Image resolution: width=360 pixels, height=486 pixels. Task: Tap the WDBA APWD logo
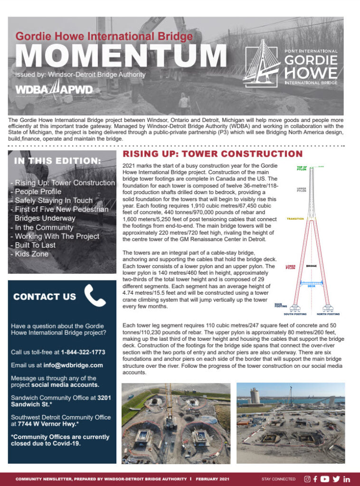point(54,89)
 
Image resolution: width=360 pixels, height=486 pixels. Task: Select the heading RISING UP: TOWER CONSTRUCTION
point(213,154)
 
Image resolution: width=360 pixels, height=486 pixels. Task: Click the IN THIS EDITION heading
point(57,161)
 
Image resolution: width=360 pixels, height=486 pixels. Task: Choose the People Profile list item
point(38,192)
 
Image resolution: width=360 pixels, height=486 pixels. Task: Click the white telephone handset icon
point(95,296)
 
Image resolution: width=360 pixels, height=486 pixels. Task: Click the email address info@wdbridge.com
point(74,365)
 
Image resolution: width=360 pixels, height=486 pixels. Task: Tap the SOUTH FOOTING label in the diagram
point(295,314)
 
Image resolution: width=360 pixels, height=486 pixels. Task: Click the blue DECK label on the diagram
point(312,286)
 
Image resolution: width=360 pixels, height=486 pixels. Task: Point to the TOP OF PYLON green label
point(302,168)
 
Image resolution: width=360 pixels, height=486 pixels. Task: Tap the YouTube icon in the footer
point(325,479)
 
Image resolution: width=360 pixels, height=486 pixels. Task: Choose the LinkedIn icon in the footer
point(347,479)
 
